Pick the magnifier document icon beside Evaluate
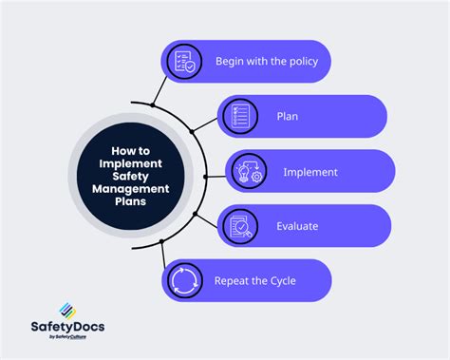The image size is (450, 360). pyautogui.click(x=238, y=226)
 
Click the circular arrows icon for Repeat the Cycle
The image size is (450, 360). pyautogui.click(x=184, y=281)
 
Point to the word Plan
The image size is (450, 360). pyautogui.click(x=289, y=117)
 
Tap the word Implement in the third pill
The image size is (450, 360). pyautogui.click(x=310, y=172)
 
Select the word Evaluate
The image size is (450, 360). pyautogui.click(x=299, y=226)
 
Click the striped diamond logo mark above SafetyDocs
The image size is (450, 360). pyautogui.click(x=66, y=309)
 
